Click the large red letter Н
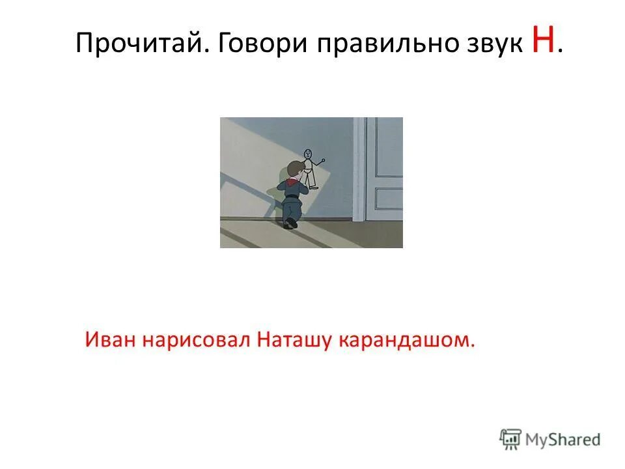(x=544, y=43)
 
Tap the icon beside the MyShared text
(x=510, y=439)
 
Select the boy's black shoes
(x=290, y=223)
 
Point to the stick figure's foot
(x=313, y=188)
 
